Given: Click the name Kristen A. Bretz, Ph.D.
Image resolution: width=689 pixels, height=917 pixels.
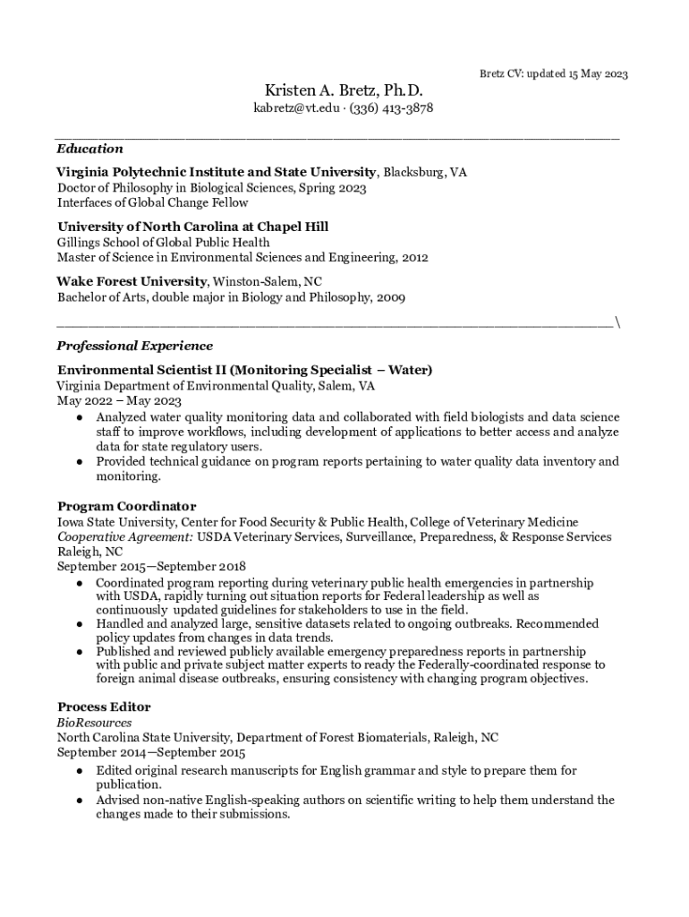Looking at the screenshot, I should [344, 91].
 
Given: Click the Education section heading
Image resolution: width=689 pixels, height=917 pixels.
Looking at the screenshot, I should [89, 149].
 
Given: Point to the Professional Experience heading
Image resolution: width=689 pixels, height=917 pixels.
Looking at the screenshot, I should [135, 346].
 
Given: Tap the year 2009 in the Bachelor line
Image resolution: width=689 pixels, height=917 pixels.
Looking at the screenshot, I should [390, 297].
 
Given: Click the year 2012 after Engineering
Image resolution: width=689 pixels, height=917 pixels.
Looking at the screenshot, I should [414, 257].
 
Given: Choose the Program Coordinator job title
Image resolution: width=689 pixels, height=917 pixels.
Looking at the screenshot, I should [126, 507].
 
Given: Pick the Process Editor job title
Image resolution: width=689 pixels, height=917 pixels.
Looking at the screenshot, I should [104, 707].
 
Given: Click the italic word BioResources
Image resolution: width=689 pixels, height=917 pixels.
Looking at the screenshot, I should [95, 723].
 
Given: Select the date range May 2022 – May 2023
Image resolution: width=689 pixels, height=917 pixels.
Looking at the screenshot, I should [119, 401].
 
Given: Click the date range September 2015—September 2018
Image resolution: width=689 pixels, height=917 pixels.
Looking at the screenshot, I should [151, 567].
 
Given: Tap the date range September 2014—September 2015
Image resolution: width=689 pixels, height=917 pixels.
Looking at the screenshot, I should [151, 753].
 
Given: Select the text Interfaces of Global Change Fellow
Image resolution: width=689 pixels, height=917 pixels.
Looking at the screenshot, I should [153, 202].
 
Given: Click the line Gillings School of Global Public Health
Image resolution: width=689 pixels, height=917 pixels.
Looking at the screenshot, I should [164, 243].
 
